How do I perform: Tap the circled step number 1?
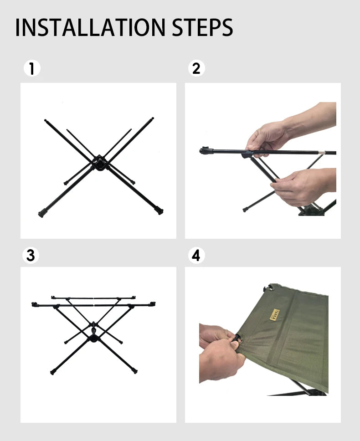(32, 69)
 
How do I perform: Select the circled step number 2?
(196, 69)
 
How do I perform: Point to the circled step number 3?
(31, 256)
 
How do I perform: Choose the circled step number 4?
(196, 256)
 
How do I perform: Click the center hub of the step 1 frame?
(99, 163)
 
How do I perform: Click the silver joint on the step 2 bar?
(322, 153)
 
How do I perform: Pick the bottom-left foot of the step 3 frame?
(53, 372)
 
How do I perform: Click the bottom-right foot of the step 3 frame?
(135, 370)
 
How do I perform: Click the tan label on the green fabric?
(274, 314)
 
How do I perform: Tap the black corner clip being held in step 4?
(237, 340)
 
